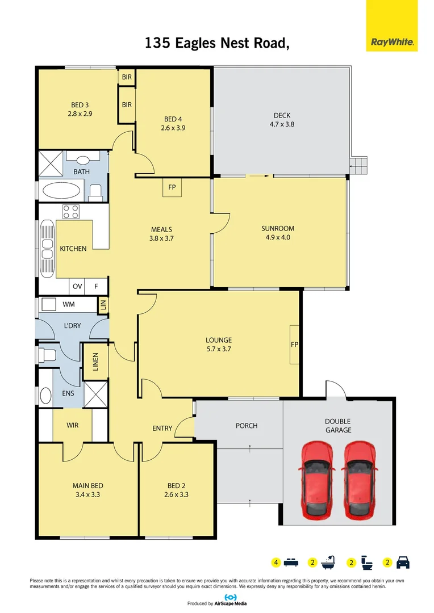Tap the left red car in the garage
[316, 480]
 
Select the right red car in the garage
[359, 480]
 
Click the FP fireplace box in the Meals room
[172, 188]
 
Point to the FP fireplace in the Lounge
[294, 345]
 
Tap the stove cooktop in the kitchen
[70, 212]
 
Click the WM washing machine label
[68, 305]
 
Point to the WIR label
[72, 425]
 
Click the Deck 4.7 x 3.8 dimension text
[282, 124]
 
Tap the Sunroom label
[278, 229]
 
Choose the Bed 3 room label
[80, 104]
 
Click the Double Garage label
[337, 426]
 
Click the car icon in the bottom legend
[403, 563]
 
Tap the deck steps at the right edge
[358, 166]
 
